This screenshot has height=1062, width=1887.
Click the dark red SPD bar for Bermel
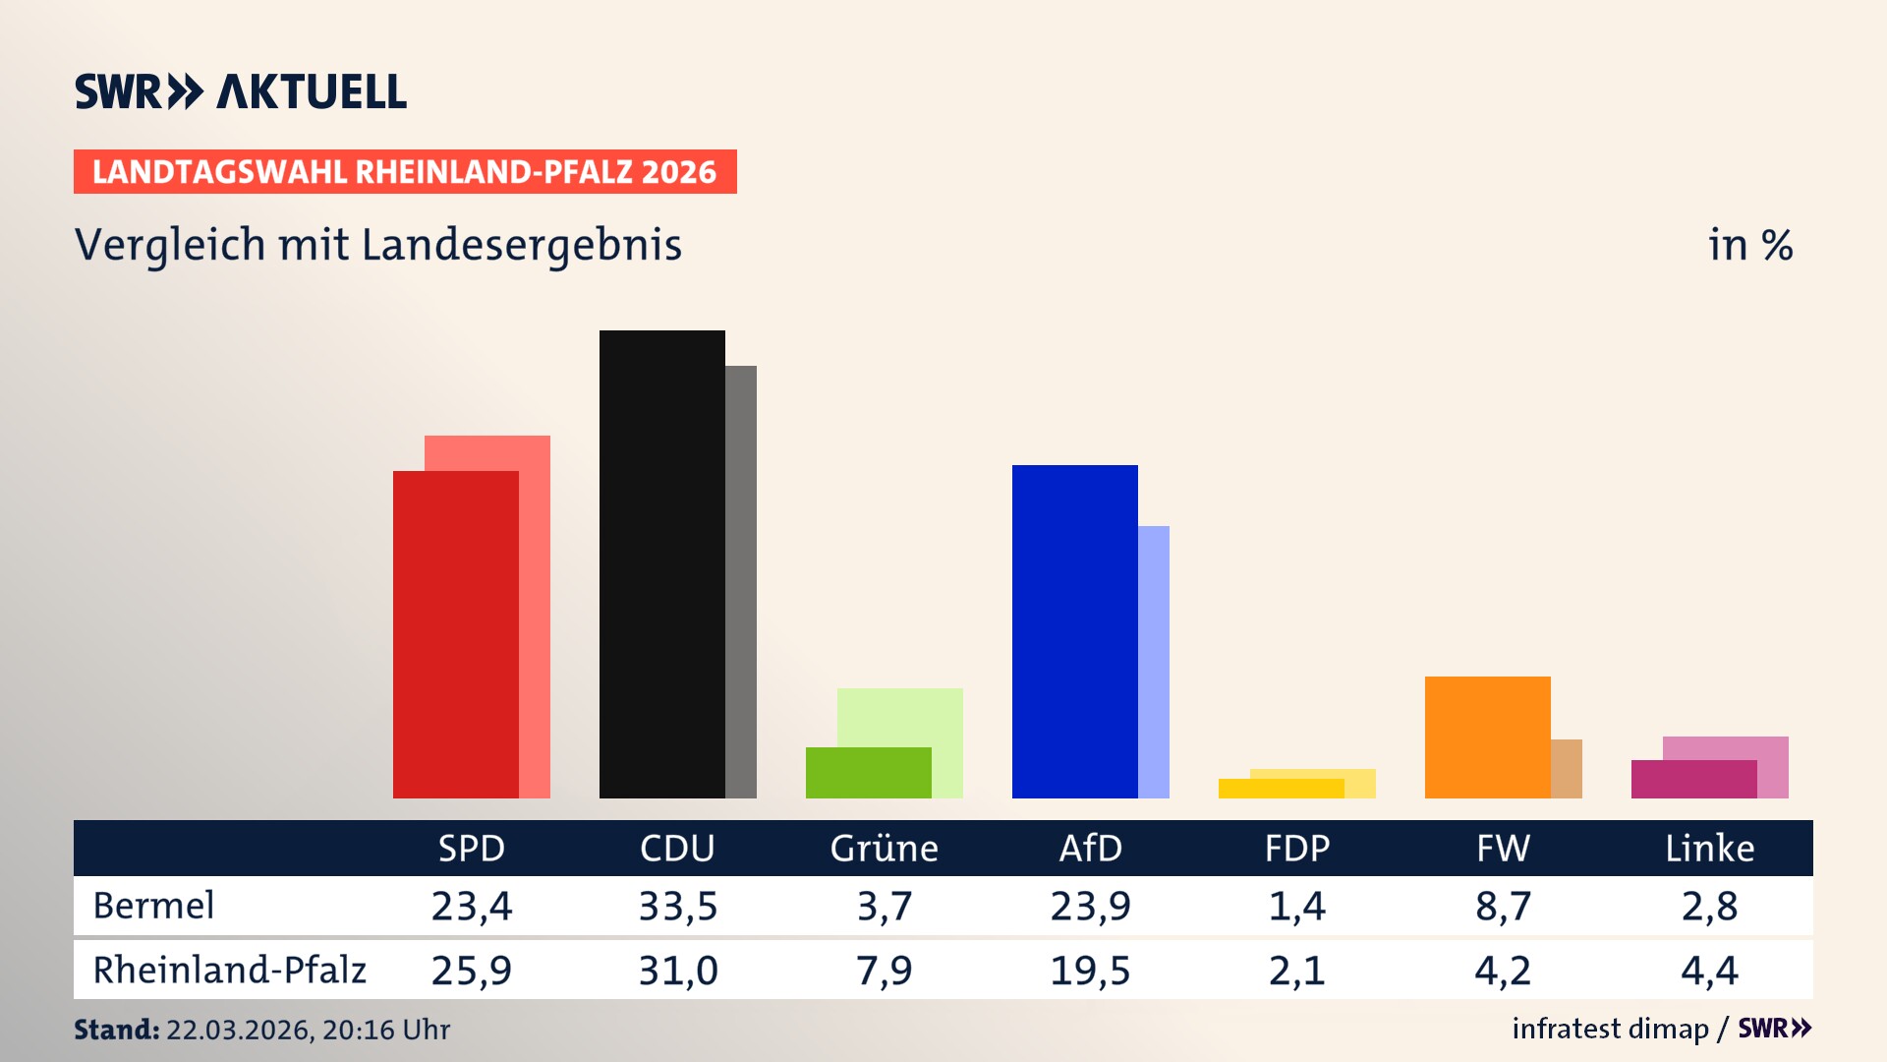(x=455, y=634)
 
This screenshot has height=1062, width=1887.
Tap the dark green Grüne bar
(x=868, y=773)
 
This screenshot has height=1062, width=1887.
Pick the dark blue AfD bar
(x=1074, y=631)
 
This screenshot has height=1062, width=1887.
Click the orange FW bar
(x=1487, y=737)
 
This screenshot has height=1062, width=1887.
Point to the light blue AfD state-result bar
(x=1154, y=661)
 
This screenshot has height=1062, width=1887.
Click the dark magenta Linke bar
(x=1693, y=779)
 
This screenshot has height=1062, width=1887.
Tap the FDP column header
(x=1296, y=848)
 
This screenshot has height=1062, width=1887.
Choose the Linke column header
(x=1709, y=848)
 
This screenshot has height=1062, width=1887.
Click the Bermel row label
(x=153, y=906)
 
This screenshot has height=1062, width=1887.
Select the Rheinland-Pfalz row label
(x=229, y=970)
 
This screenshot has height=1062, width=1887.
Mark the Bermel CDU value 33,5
(x=677, y=906)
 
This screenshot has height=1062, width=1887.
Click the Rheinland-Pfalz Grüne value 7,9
(x=884, y=971)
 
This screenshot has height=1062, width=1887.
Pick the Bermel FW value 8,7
(x=1503, y=906)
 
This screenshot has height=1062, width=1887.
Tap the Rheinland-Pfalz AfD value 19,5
(x=1090, y=971)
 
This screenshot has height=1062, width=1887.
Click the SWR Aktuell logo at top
(x=241, y=91)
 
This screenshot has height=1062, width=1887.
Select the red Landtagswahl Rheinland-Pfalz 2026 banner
(x=405, y=172)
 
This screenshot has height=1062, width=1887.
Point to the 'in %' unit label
(x=1749, y=245)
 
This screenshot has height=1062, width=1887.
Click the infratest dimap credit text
(x=1610, y=1029)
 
